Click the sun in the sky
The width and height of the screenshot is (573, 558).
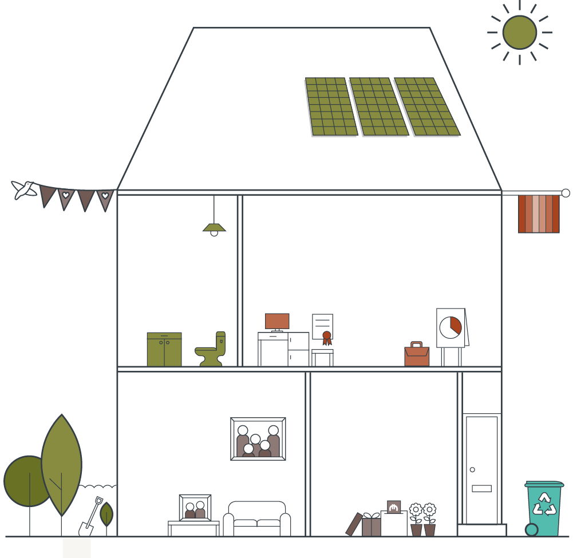(x=520, y=33)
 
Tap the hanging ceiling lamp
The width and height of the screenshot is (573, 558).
(x=214, y=228)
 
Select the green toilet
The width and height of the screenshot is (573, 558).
(x=212, y=350)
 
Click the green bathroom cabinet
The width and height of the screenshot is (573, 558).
(x=164, y=349)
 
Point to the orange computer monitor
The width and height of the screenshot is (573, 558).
(x=277, y=321)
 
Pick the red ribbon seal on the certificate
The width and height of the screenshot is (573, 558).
(x=327, y=337)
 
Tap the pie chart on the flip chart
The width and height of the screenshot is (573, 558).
(x=451, y=326)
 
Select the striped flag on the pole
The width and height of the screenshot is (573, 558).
(x=539, y=214)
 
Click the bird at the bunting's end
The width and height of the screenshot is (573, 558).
(x=25, y=189)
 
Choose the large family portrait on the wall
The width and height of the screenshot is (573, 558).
(x=258, y=439)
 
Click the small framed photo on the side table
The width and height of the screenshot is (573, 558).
(x=195, y=508)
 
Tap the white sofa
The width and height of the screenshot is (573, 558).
(x=257, y=520)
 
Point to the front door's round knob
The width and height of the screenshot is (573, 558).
(x=472, y=470)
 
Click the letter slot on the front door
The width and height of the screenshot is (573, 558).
(x=482, y=489)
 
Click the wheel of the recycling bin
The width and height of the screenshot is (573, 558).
(x=532, y=529)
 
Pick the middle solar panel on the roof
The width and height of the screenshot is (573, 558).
(x=378, y=106)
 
